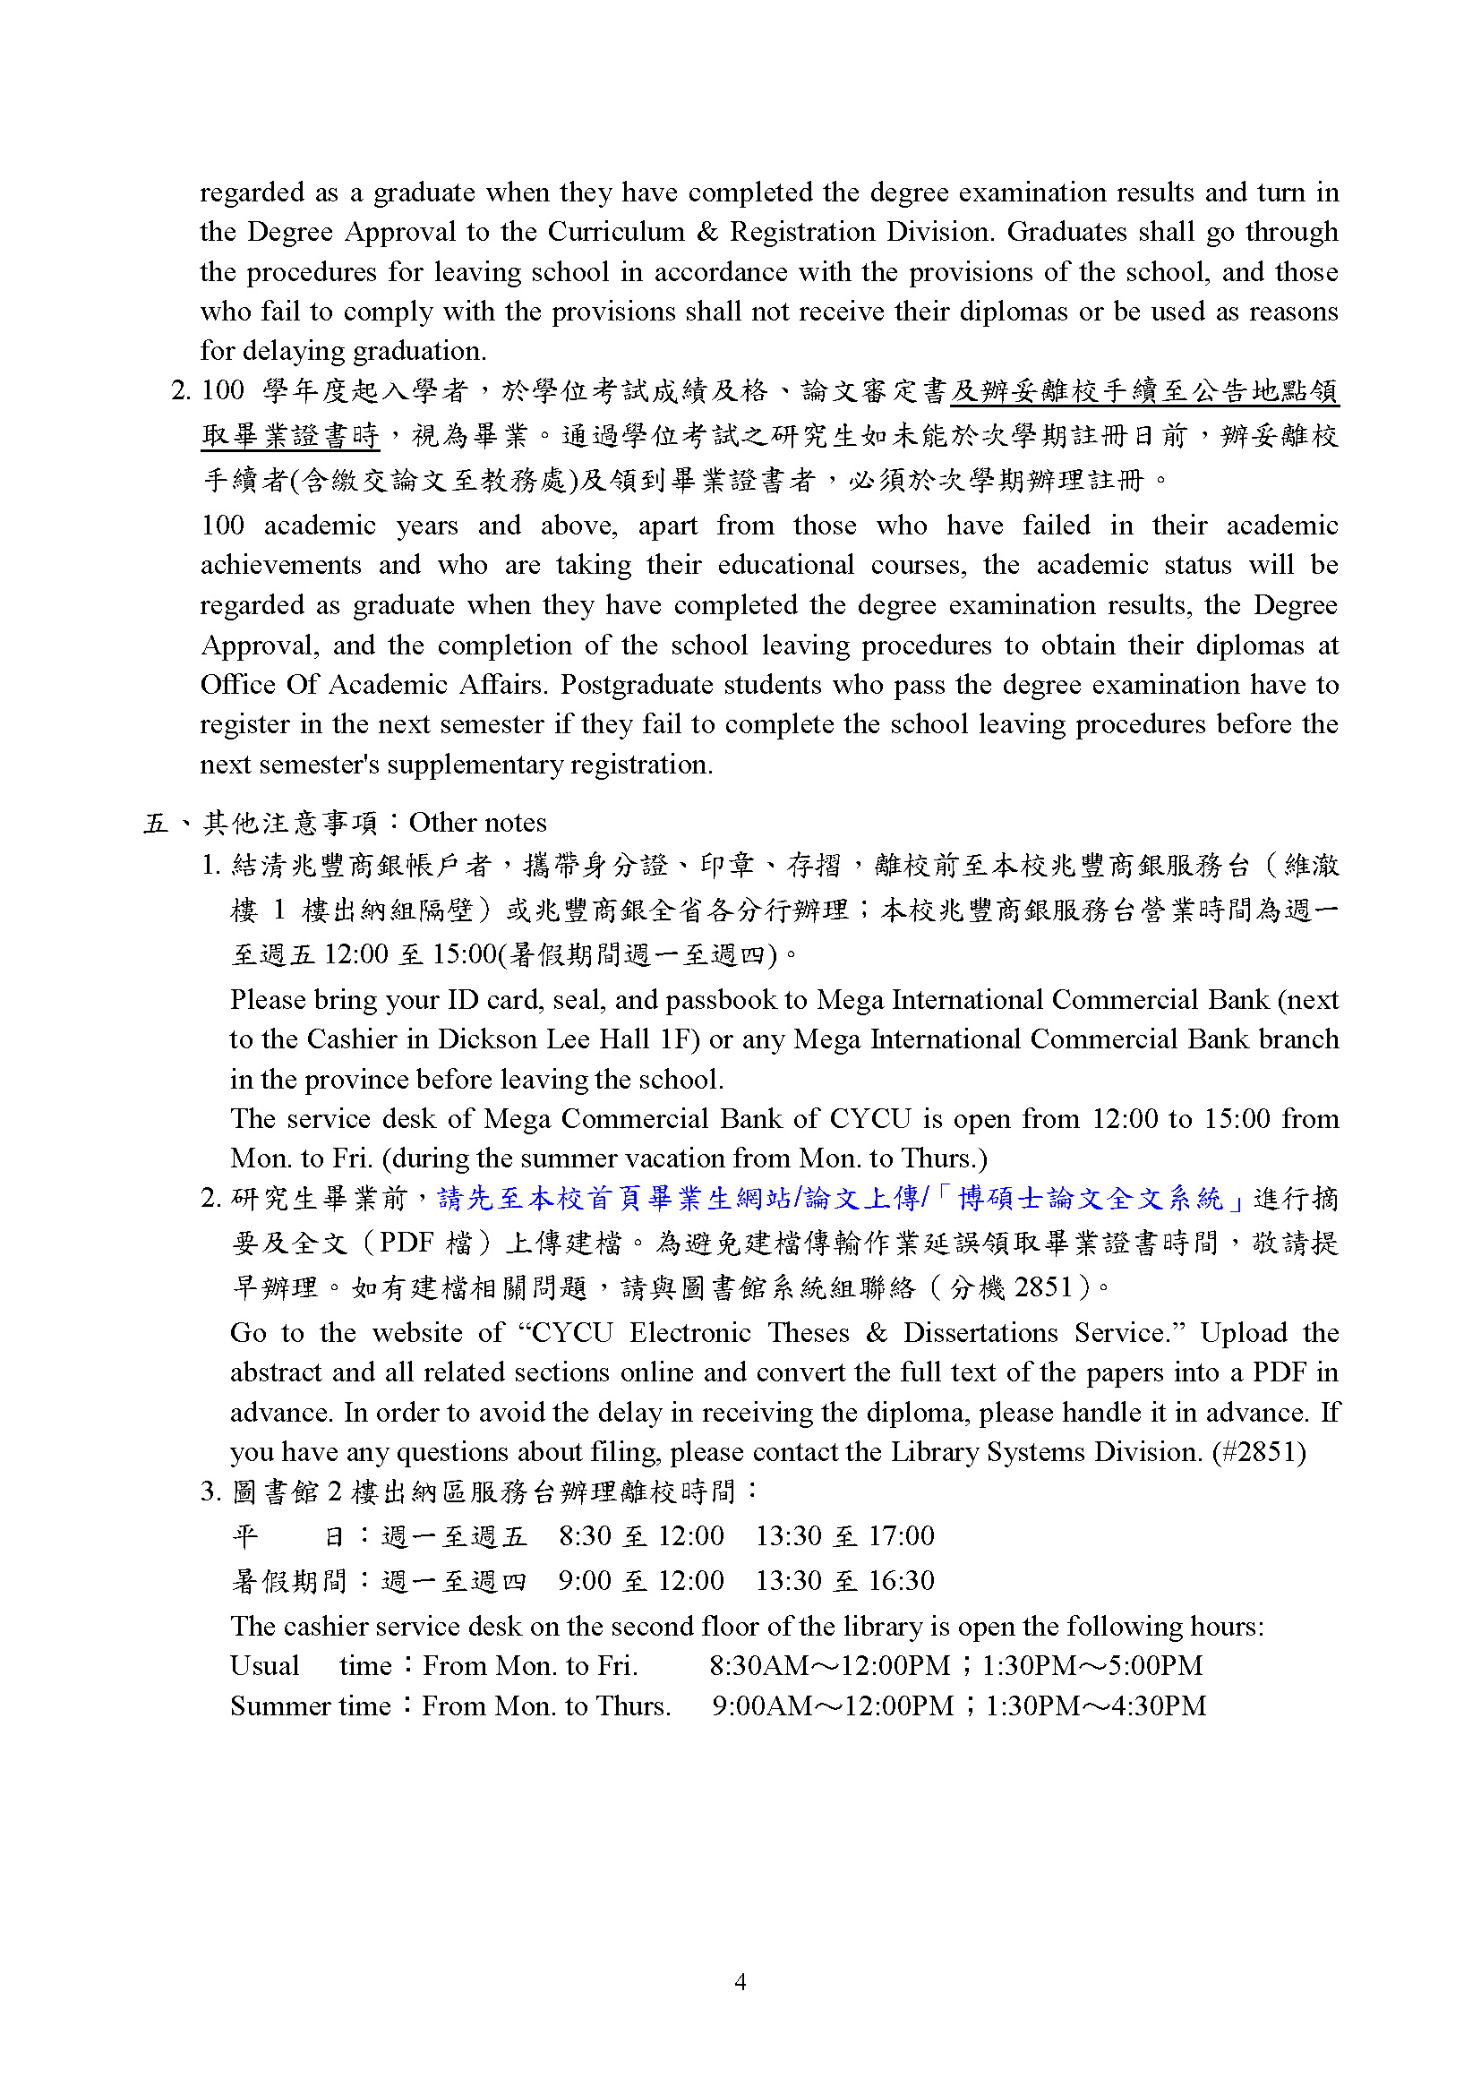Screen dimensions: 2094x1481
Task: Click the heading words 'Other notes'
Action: [478, 823]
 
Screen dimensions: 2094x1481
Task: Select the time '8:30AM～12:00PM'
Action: [829, 1666]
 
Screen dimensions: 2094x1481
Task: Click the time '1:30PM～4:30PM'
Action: [1095, 1705]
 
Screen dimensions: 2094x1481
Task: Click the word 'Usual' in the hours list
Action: [264, 1666]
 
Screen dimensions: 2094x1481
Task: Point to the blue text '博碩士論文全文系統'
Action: [1090, 1199]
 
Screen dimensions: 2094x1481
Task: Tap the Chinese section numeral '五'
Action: [156, 824]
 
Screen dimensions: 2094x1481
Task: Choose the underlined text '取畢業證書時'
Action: [290, 436]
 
